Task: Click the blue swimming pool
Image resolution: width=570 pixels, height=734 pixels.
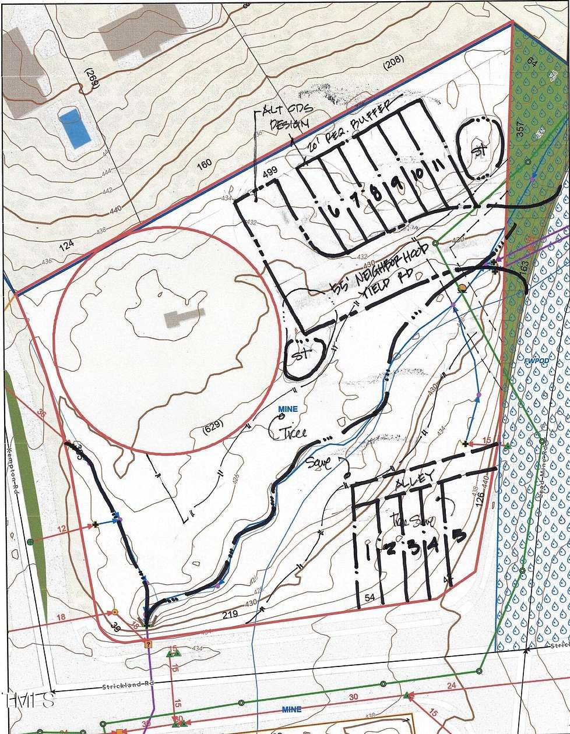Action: click(x=75, y=128)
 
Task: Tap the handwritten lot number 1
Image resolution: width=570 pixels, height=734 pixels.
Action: click(x=368, y=550)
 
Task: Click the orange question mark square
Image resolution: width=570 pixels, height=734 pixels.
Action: click(x=147, y=644)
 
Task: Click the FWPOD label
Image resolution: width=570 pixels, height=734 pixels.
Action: click(x=529, y=361)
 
